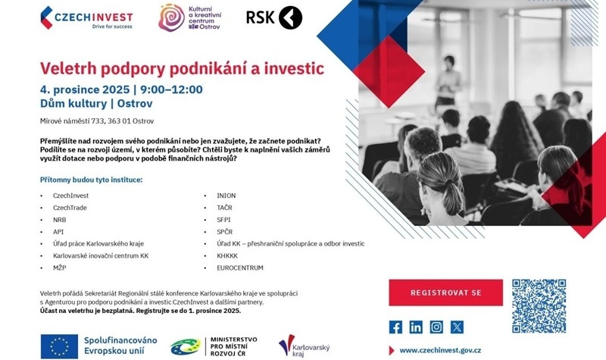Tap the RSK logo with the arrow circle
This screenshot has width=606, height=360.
coord(273,17)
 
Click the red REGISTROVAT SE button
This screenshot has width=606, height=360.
coord(435,293)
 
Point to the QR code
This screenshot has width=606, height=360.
coord(539,306)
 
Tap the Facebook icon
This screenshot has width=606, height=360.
coord(395,327)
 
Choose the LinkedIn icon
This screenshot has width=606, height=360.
coord(416,327)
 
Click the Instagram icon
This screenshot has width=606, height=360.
coord(436,327)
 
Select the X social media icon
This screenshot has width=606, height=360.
coord(457,327)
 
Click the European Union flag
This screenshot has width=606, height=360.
coord(59,346)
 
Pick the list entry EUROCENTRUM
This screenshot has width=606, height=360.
coord(239,268)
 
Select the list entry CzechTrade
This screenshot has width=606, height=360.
coord(70,208)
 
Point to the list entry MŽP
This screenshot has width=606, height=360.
coord(61,268)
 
